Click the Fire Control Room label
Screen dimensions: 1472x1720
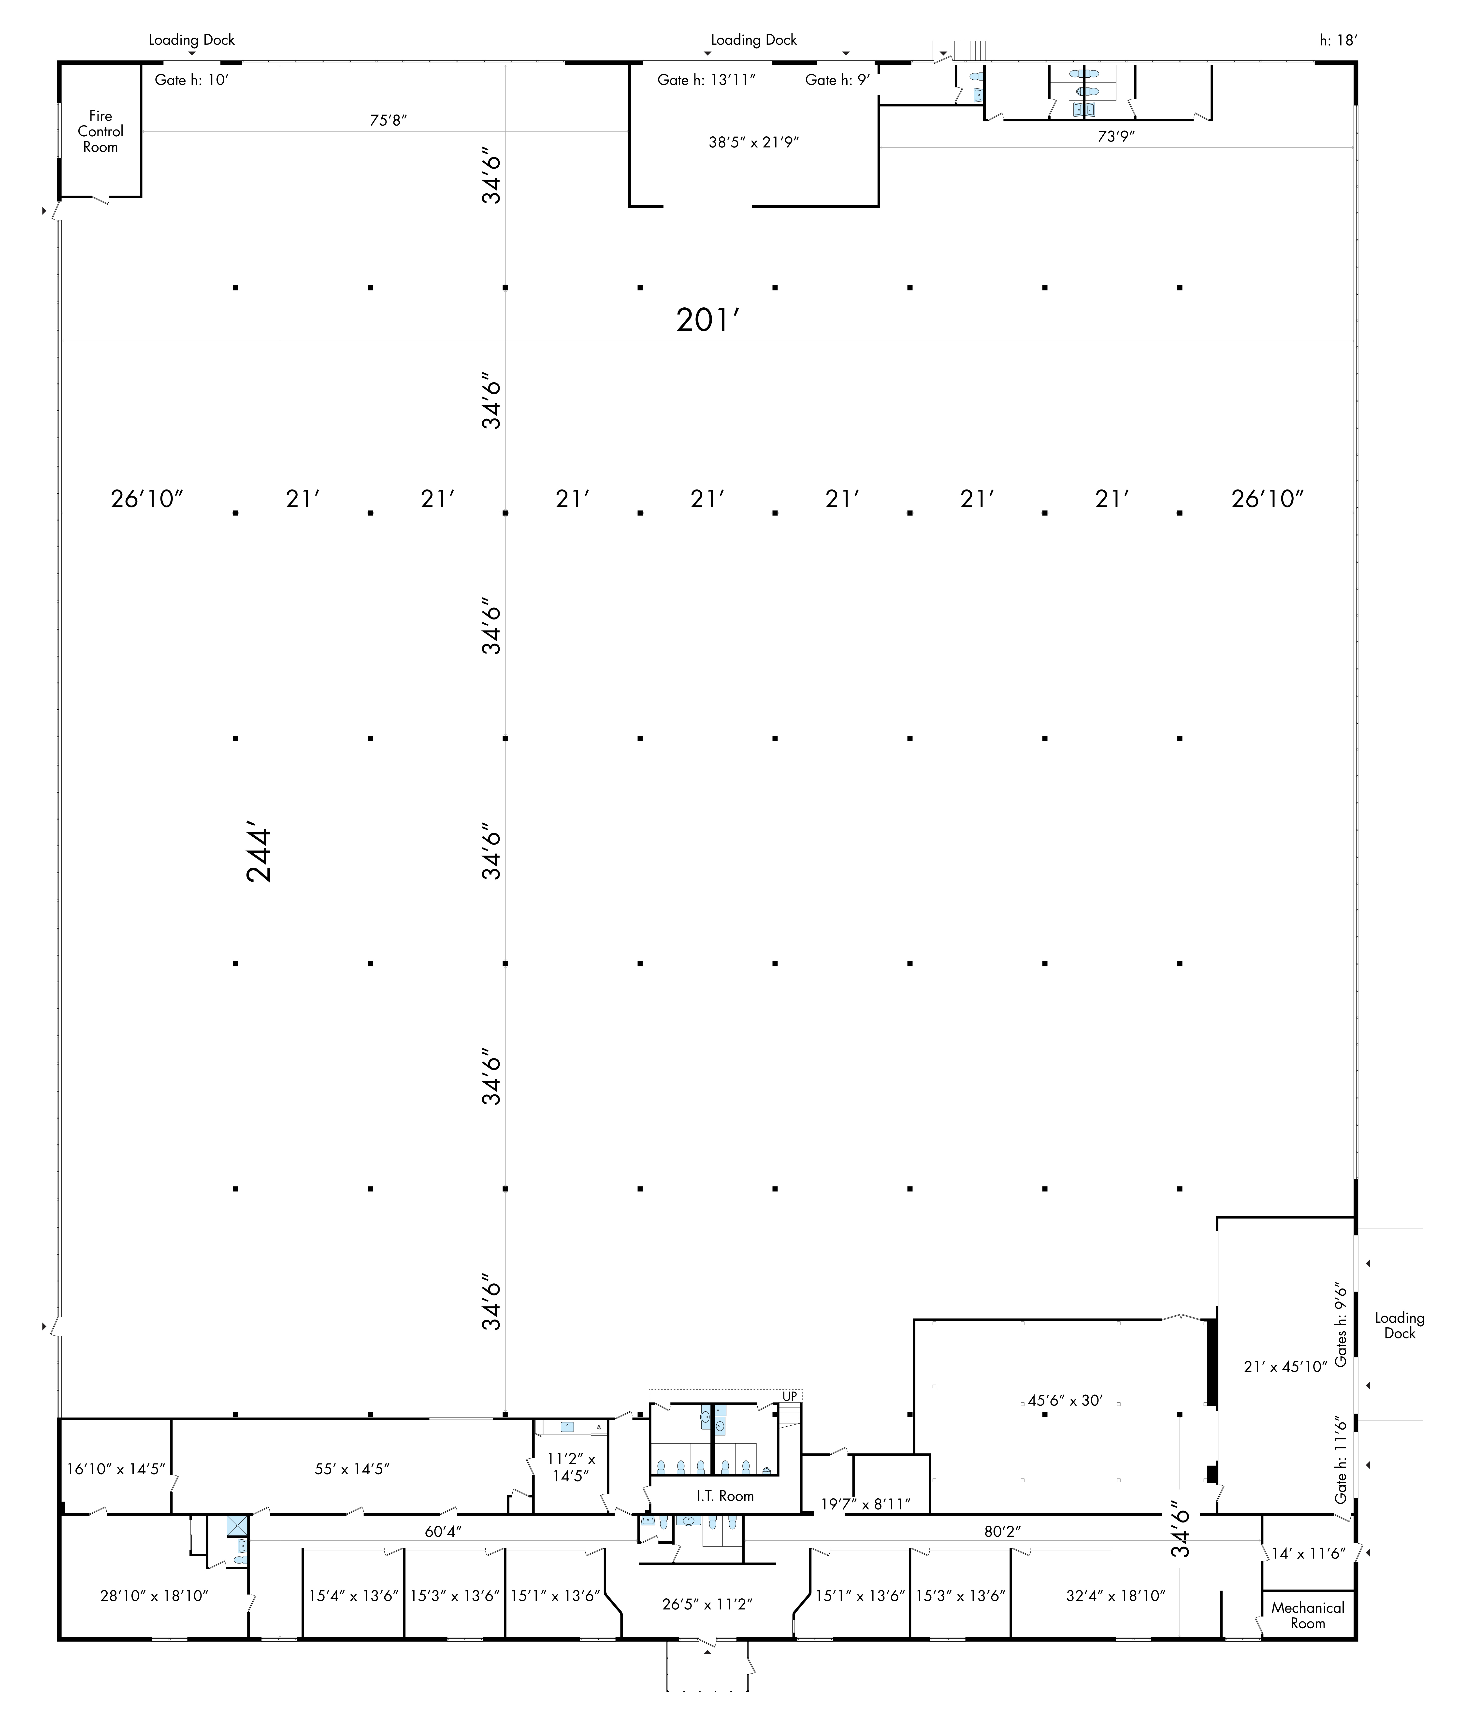[x=101, y=131]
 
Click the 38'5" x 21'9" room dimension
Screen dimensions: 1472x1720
[x=754, y=142]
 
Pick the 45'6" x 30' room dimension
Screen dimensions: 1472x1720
[x=1065, y=1400]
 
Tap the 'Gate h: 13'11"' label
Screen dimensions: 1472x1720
[x=707, y=80]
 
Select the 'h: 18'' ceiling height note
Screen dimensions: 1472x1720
[x=1338, y=40]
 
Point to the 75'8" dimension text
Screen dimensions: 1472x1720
[x=389, y=120]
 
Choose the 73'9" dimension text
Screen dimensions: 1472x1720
[x=1116, y=136]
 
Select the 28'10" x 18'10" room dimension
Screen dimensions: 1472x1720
[x=154, y=1595]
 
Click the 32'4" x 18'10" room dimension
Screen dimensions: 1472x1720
[x=1116, y=1595]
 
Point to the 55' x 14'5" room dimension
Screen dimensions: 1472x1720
[x=352, y=1468]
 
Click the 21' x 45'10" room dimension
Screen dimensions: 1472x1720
[x=1285, y=1366]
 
